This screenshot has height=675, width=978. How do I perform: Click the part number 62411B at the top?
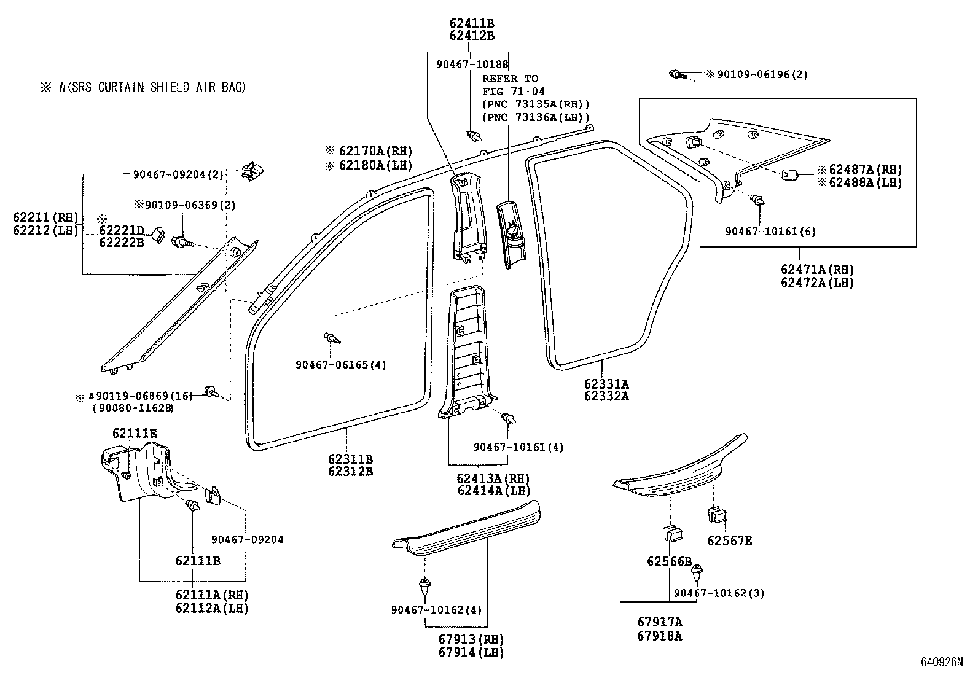[x=472, y=23]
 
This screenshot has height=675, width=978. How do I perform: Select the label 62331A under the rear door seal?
[x=606, y=384]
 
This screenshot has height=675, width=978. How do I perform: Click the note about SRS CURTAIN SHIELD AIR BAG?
[x=144, y=87]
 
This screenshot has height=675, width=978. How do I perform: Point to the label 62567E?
[x=729, y=541]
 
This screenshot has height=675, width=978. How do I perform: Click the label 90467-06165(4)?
[x=340, y=365]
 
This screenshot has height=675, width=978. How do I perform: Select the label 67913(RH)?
[x=471, y=640]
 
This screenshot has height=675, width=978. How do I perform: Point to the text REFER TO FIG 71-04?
[x=510, y=85]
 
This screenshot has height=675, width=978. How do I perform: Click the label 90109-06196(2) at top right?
[x=762, y=74]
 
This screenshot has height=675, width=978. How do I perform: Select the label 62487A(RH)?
[x=864, y=170]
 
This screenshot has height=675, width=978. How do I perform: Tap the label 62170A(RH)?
[x=374, y=150]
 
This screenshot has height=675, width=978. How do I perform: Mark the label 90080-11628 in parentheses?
[x=132, y=408]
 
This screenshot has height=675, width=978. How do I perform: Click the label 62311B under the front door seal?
[x=350, y=459]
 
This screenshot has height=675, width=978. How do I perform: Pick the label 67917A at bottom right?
[x=659, y=622]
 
